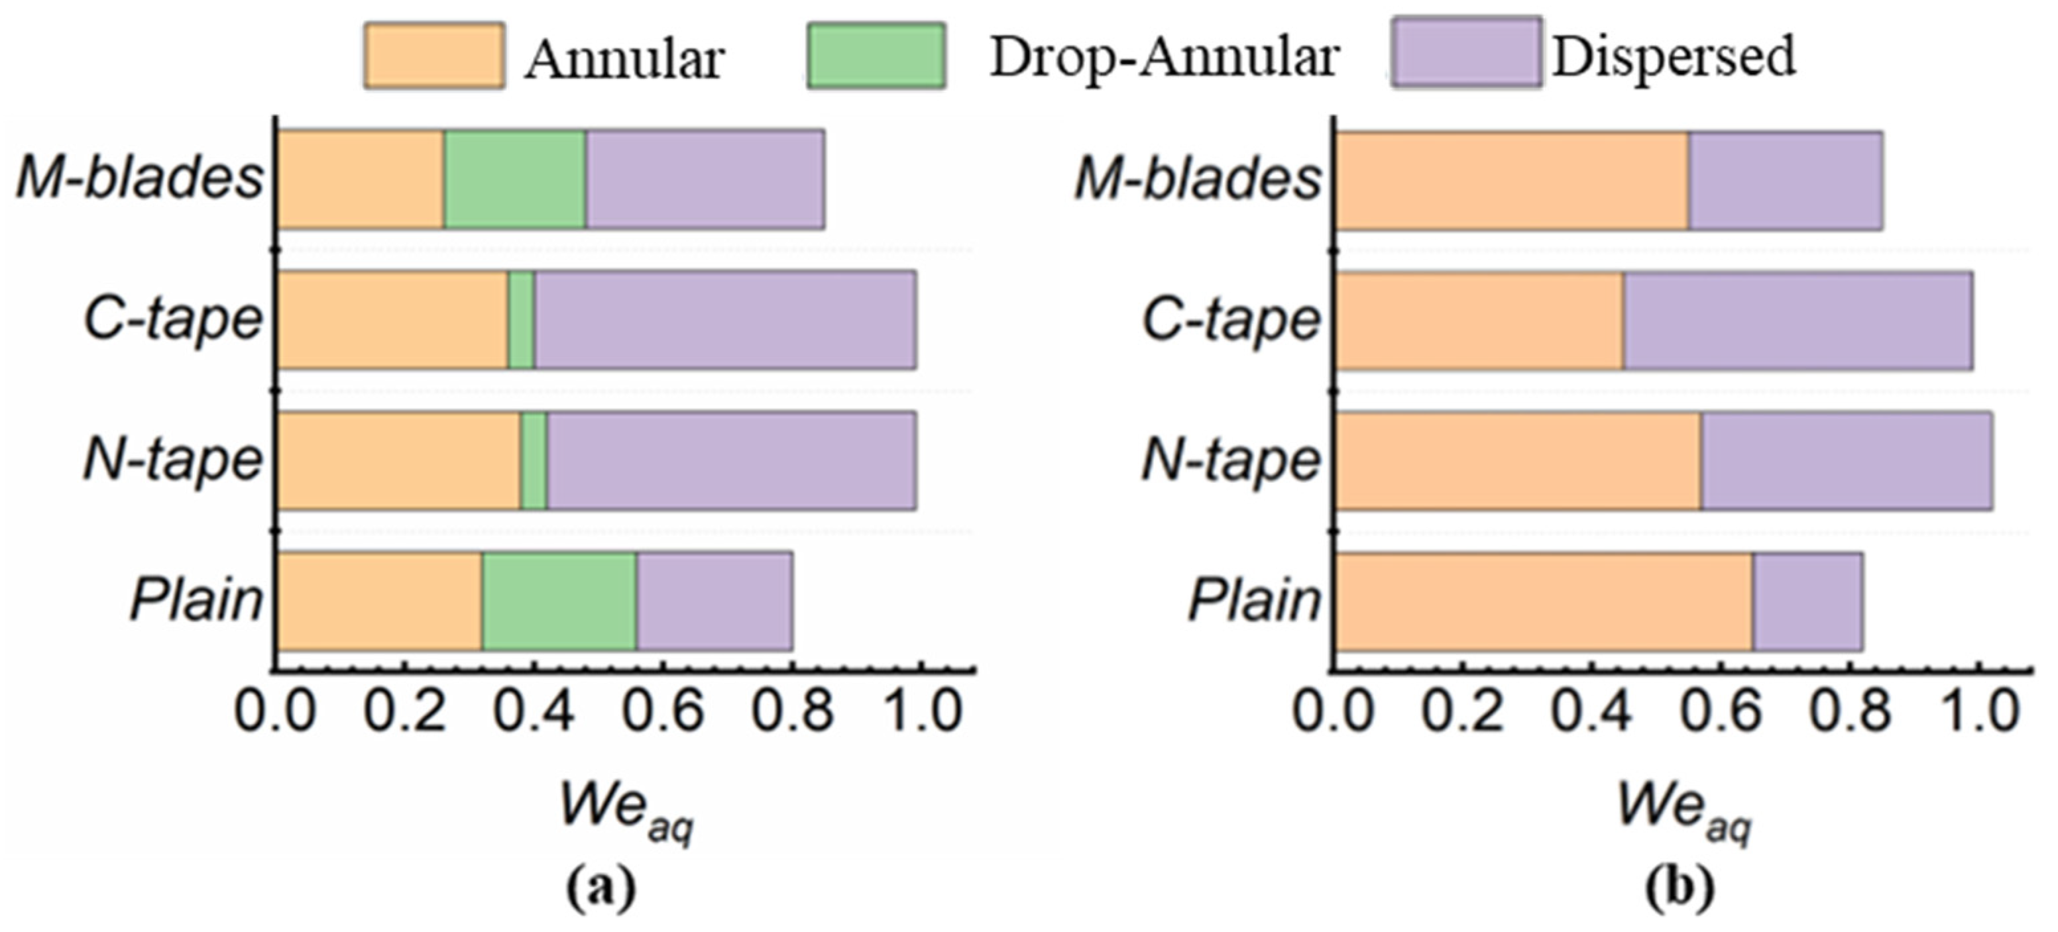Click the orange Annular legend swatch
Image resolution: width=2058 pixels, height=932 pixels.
[x=434, y=55]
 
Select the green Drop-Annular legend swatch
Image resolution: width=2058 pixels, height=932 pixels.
[x=876, y=55]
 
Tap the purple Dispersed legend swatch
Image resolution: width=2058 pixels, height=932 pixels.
[x=1466, y=53]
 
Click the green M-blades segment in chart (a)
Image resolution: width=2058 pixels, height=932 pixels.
[x=514, y=180]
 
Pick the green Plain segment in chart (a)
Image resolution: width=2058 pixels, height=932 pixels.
[x=559, y=601]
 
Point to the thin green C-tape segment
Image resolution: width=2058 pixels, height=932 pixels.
[x=521, y=320]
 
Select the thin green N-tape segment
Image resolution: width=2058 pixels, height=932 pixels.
[x=534, y=461]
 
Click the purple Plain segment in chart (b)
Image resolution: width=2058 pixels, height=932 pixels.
[x=1807, y=601]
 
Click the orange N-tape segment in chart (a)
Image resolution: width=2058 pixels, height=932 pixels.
[x=398, y=461]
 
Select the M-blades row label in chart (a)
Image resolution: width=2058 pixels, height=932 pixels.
[x=140, y=178]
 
